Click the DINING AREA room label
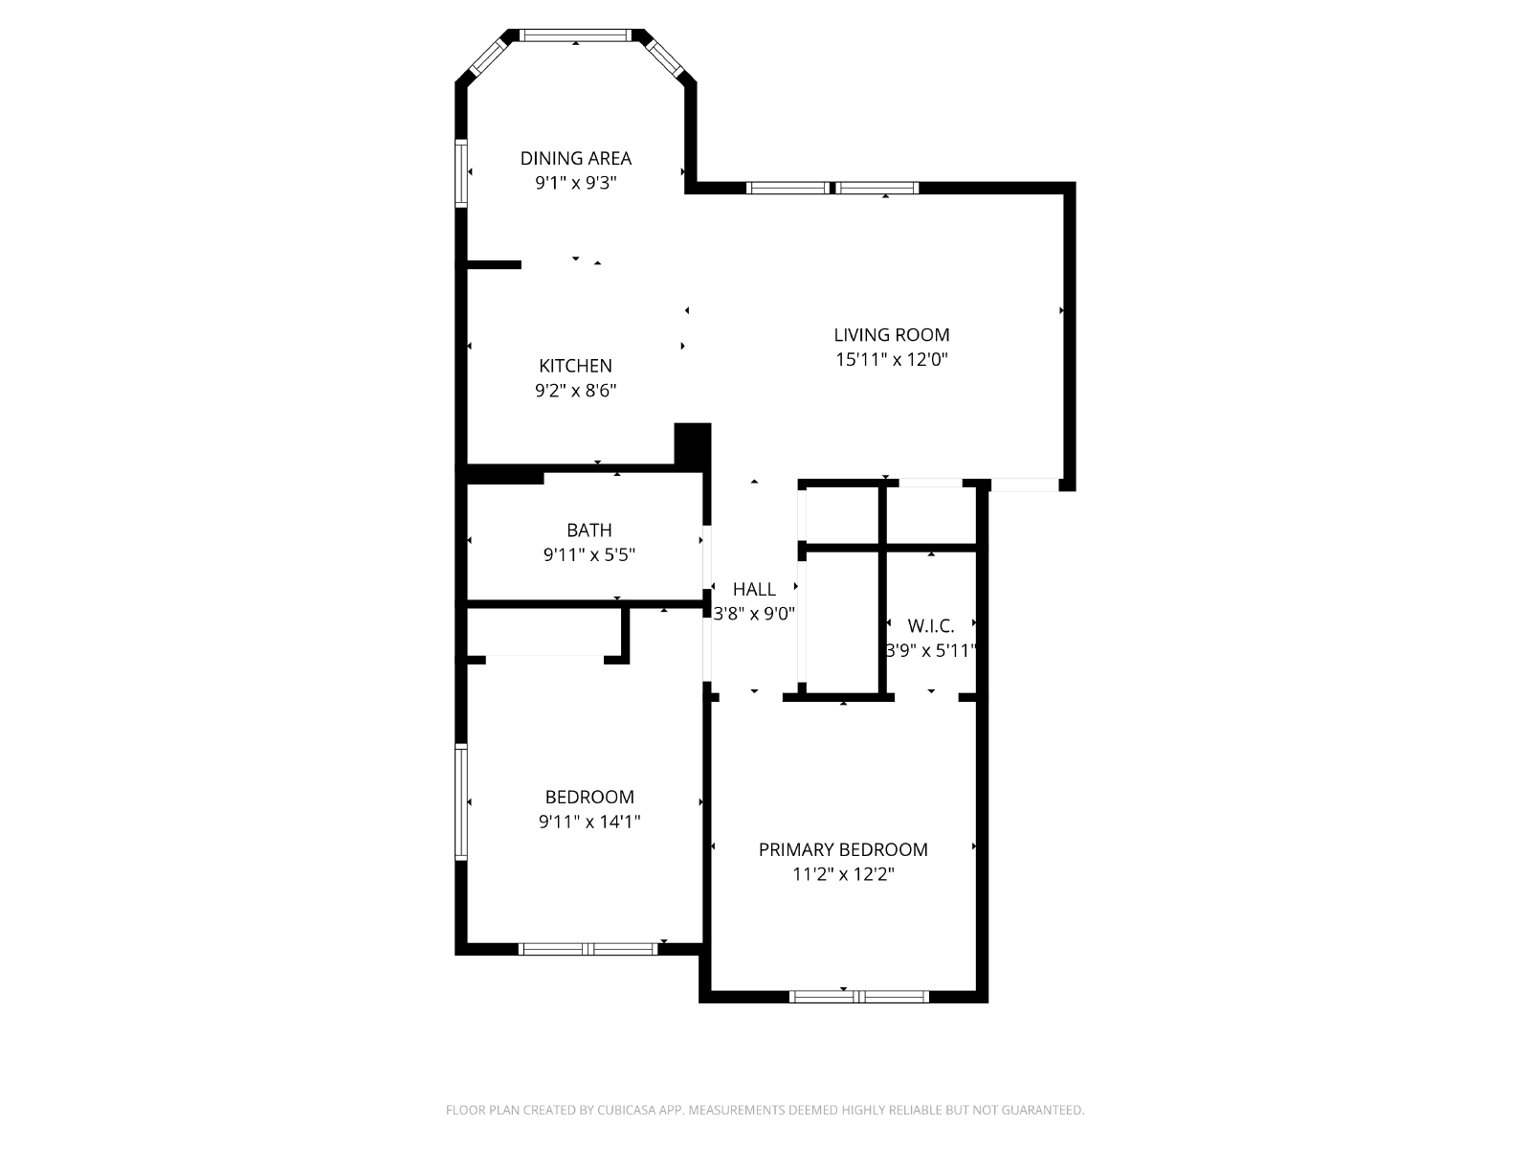pos(575,158)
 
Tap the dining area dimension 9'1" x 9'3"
pos(575,183)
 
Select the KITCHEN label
pos(575,366)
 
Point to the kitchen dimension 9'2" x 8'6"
pos(575,390)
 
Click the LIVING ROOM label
pos(892,335)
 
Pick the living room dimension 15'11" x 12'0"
pos(892,359)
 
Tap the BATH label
pos(589,530)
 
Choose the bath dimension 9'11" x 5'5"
pos(589,554)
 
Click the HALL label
pos(754,590)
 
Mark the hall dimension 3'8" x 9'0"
pos(754,614)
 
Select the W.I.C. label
pos(930,626)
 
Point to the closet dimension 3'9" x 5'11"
pos(930,651)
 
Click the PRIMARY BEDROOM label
pos(843,849)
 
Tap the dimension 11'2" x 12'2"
pos(843,874)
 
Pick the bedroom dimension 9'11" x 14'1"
pos(589,822)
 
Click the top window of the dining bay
pos(575,35)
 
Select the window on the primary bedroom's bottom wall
pos(858,997)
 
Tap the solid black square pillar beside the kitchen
pos(693,443)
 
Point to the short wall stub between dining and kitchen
pos(494,264)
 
